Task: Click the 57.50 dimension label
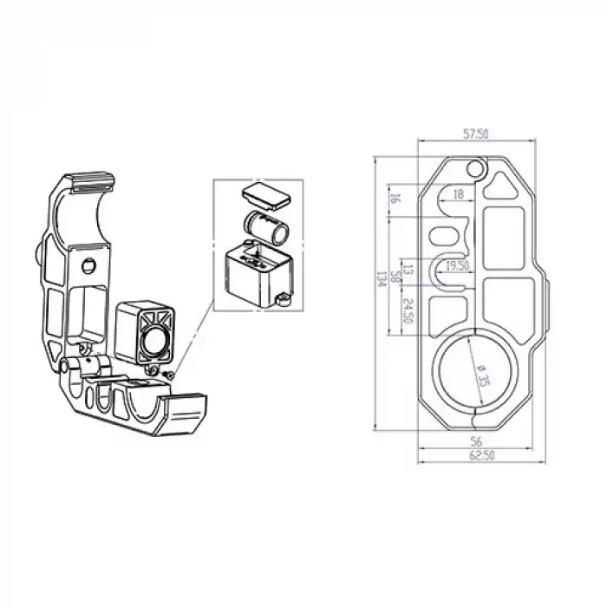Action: click(x=476, y=134)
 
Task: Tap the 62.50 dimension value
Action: click(x=482, y=455)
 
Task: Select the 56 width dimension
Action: click(x=476, y=441)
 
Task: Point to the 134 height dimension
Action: click(x=382, y=278)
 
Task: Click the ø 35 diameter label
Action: click(x=483, y=375)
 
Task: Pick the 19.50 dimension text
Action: click(x=457, y=266)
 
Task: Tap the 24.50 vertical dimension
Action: click(x=408, y=310)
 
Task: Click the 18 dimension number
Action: click(x=458, y=194)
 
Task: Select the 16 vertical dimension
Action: click(x=395, y=199)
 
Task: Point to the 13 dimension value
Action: click(x=408, y=270)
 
